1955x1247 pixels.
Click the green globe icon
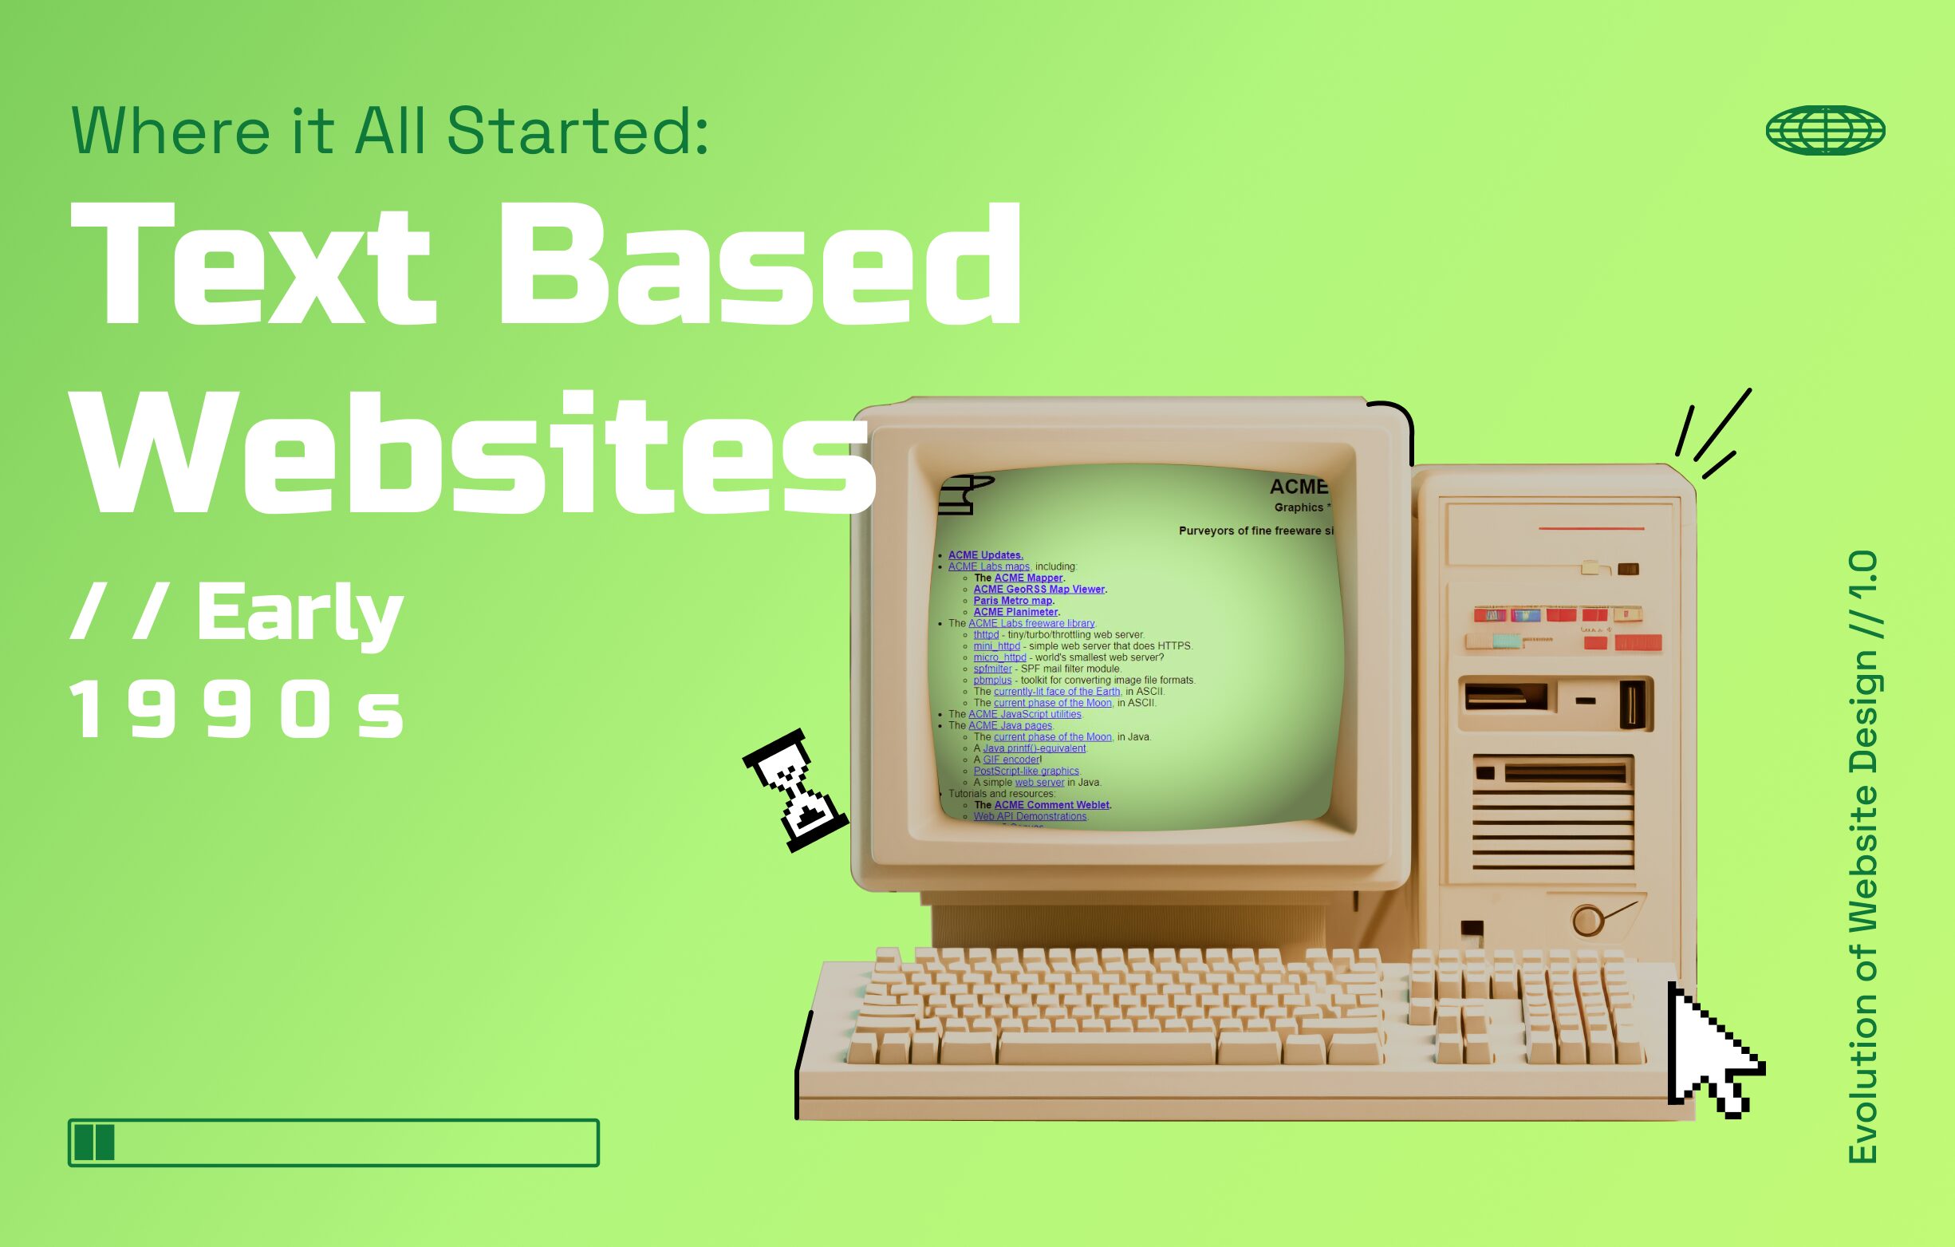coord(1825,130)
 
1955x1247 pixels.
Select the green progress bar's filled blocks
coord(94,1142)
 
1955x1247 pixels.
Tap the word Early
coord(300,613)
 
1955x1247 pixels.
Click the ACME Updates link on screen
coord(985,555)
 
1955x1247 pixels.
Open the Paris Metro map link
coord(1012,601)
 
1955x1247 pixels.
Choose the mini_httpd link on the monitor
coord(996,646)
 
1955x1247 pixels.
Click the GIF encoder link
coord(1011,760)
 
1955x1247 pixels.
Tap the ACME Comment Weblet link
coord(1051,805)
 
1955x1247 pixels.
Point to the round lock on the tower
coord(1586,921)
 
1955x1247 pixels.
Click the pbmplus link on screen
coord(992,681)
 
